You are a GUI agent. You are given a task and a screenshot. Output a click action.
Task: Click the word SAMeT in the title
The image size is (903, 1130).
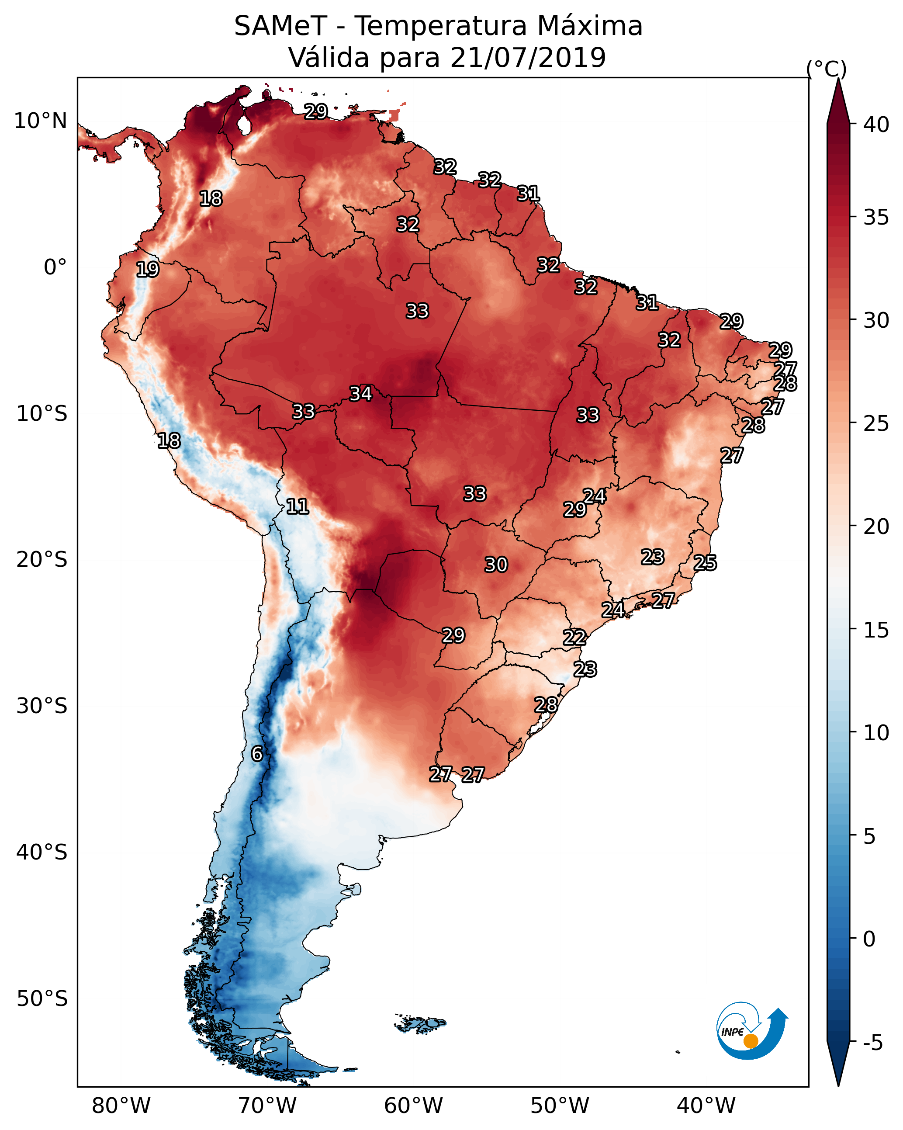click(280, 26)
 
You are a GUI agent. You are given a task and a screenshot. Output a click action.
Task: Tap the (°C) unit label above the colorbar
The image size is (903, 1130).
click(826, 69)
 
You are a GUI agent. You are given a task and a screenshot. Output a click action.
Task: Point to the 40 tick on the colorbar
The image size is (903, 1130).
click(876, 125)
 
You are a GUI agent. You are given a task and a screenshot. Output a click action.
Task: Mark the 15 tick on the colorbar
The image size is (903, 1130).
click(876, 630)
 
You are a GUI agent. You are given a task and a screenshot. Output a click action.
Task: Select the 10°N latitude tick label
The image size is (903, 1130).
click(41, 121)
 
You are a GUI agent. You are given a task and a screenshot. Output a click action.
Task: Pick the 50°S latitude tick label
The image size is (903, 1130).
click(42, 999)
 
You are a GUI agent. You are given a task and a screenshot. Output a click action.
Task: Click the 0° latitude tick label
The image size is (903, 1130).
click(55, 267)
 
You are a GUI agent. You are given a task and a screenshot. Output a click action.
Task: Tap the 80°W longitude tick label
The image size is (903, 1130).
click(121, 1106)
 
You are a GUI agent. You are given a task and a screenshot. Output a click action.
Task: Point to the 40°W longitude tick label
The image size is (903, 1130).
click(706, 1106)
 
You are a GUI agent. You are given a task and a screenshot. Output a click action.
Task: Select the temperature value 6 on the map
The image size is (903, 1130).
click(257, 754)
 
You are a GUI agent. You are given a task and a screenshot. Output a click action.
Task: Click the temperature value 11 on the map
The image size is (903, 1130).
click(297, 506)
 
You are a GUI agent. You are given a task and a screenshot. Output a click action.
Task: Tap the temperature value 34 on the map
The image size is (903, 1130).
click(360, 394)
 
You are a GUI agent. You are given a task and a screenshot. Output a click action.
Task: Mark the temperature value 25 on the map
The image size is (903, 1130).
click(705, 563)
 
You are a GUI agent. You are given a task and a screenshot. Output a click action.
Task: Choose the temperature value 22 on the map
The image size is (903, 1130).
click(574, 638)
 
